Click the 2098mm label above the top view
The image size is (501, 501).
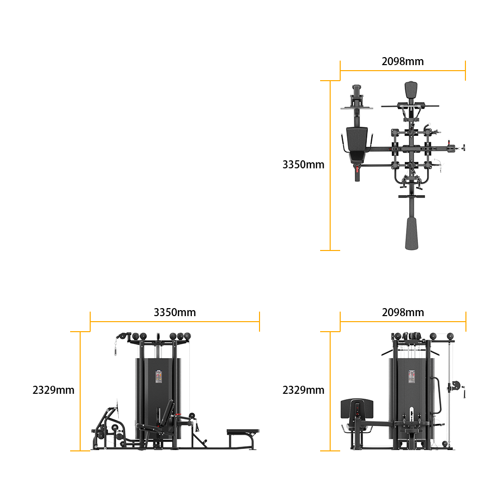pyautogui.click(x=403, y=61)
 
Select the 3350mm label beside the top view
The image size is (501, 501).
pyautogui.click(x=303, y=164)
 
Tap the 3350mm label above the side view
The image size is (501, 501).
pyautogui.click(x=175, y=313)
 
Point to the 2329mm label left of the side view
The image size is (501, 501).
pyautogui.click(x=54, y=390)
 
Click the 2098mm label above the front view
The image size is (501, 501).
pyautogui.click(x=403, y=313)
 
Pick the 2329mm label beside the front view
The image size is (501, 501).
pyautogui.click(x=303, y=390)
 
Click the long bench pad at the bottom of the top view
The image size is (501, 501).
pyautogui.click(x=411, y=233)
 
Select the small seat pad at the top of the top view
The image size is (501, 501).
pyautogui.click(x=411, y=90)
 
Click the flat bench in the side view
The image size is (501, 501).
pyautogui.click(x=243, y=432)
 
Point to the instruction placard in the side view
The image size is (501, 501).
pyautogui.click(x=159, y=376)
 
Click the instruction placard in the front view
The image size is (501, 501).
pyautogui.click(x=412, y=376)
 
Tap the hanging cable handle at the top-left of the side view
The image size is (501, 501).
pyautogui.click(x=116, y=348)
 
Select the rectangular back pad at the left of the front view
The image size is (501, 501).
pyautogui.click(x=357, y=408)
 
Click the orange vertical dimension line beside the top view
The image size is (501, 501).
pyautogui.click(x=330, y=165)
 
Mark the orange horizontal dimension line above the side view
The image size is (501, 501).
pyautogui.click(x=175, y=322)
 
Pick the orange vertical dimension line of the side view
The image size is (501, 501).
pyautogui.click(x=80, y=391)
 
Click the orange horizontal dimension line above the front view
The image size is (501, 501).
pyautogui.click(x=403, y=322)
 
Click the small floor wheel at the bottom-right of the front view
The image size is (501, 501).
pyautogui.click(x=445, y=444)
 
